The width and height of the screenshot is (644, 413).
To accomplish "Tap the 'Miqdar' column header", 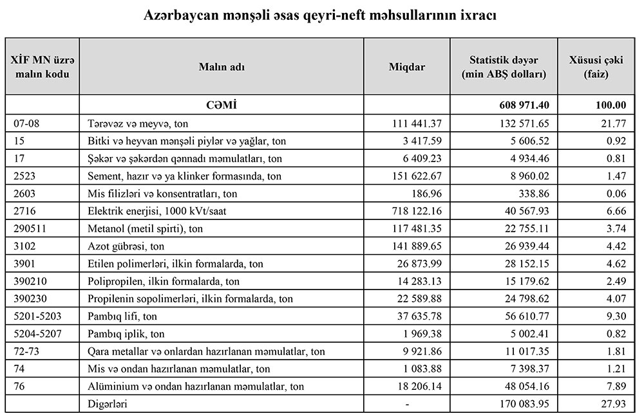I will pyautogui.click(x=407, y=67).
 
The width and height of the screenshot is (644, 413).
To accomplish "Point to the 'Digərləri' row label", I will pyautogui.click(x=106, y=403).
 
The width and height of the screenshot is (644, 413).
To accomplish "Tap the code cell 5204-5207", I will pyautogui.click(x=36, y=333).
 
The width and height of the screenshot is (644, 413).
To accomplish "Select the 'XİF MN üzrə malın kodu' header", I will pyautogui.click(x=42, y=67).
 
